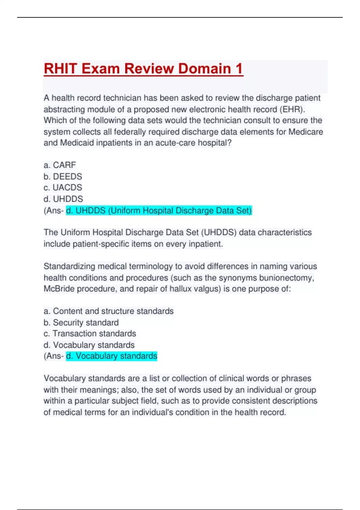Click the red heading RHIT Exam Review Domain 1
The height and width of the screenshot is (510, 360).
coord(143,69)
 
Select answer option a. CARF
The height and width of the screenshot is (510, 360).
coord(60,165)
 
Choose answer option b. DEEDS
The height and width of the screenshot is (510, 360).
coord(63,176)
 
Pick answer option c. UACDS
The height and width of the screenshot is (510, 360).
coord(63,187)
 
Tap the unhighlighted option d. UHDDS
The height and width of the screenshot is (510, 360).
coord(63,199)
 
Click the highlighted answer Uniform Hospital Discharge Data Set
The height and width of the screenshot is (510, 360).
coord(159,210)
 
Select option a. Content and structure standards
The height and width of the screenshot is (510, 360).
coord(109,311)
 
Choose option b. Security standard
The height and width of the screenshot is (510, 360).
coord(81,322)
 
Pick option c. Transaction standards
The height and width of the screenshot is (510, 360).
coord(90,334)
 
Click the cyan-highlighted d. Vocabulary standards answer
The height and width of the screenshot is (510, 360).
coord(112,356)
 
